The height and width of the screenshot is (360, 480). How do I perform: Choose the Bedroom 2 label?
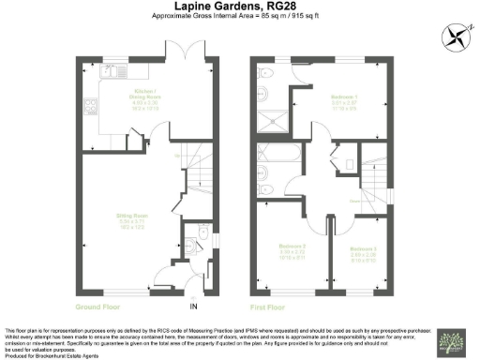click(292, 247)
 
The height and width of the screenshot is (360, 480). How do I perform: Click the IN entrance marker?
click(195, 306)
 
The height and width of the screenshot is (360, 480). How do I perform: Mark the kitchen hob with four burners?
click(91, 105)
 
